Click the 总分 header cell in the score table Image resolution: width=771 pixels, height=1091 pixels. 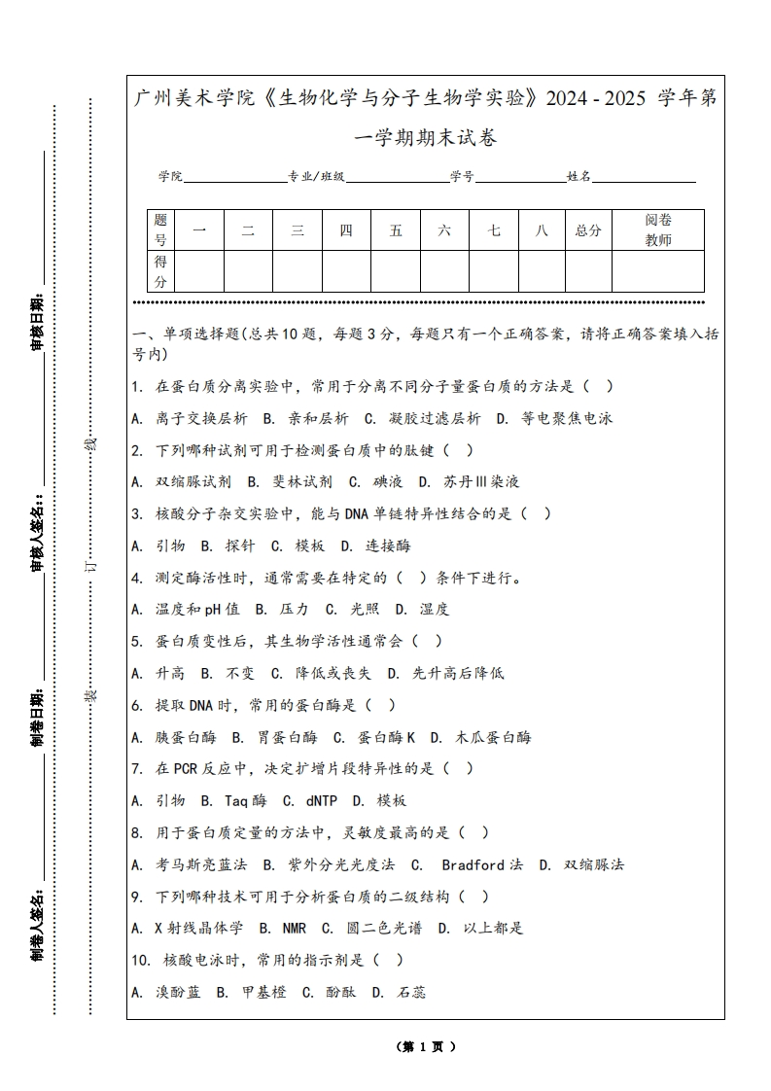tap(588, 230)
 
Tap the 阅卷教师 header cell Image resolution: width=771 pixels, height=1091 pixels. tap(658, 230)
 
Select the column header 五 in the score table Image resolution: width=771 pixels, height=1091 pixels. tap(396, 230)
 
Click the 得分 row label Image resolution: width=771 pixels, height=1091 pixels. tap(161, 271)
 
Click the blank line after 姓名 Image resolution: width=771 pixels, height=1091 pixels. tap(645, 177)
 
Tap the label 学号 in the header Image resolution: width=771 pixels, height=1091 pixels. tap(462, 177)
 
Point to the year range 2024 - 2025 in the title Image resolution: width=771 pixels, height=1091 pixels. tap(597, 98)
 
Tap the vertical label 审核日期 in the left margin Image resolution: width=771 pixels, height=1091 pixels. tap(37, 321)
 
